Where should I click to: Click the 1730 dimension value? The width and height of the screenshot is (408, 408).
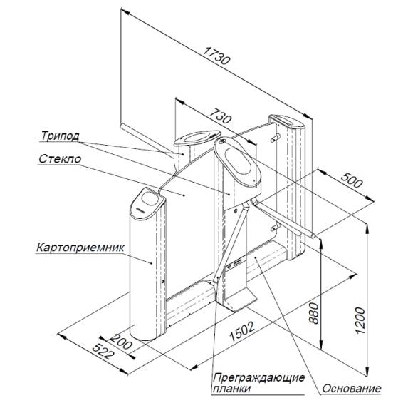216,56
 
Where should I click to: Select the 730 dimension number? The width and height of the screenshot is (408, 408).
221,116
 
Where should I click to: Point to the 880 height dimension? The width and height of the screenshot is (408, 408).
314,313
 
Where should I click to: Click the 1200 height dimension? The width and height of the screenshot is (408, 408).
360,321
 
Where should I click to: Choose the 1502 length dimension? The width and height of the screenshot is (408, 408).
241,331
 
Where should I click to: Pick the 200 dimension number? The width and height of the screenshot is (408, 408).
121,342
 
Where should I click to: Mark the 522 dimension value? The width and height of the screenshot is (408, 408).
104,352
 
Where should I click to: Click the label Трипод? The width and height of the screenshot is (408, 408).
60,136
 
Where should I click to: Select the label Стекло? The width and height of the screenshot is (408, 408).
60,159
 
